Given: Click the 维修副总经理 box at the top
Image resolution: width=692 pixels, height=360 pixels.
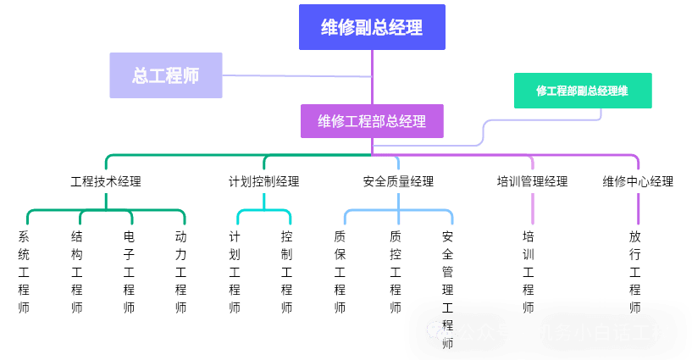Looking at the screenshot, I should [372, 27].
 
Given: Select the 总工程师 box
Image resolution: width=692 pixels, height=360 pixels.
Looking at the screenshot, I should [166, 75].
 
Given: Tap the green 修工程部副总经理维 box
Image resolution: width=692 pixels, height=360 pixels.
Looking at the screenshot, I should [583, 91].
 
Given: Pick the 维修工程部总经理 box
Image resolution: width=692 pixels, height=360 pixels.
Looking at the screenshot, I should [372, 121].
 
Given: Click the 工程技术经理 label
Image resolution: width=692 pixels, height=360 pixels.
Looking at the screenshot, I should [106, 181].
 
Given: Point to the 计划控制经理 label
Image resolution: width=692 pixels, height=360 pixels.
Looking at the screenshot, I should [263, 181].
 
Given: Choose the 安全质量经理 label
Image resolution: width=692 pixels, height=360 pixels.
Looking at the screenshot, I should [398, 181].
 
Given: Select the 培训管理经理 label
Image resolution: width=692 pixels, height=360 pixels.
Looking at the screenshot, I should [532, 181].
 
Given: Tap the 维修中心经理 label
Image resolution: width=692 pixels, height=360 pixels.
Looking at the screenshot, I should [638, 181].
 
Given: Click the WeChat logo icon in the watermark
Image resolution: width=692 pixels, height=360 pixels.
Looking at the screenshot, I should [439, 332].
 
